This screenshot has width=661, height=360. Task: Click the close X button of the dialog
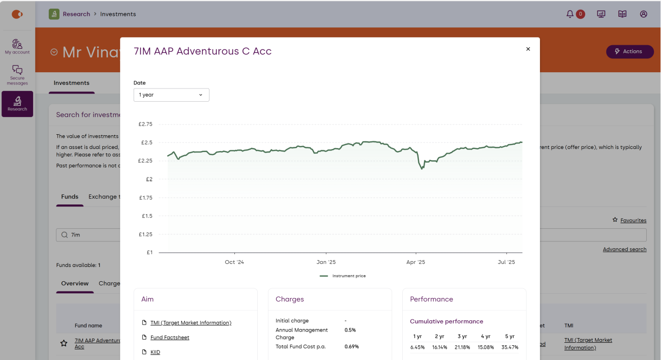pyautogui.click(x=528, y=49)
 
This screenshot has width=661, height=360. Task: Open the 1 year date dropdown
pyautogui.click(x=171, y=95)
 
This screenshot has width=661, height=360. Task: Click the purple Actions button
pyautogui.click(x=629, y=51)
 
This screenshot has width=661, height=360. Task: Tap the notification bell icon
pyautogui.click(x=570, y=14)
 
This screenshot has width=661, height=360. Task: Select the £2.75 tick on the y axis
pyautogui.click(x=145, y=124)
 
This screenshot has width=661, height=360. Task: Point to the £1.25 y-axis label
pyautogui.click(x=145, y=234)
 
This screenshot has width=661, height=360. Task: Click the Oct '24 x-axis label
pyautogui.click(x=234, y=262)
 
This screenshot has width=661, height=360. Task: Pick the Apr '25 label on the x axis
pyautogui.click(x=415, y=262)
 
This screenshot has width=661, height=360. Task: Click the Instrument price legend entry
pyautogui.click(x=343, y=276)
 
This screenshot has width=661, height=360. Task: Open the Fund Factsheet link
pyautogui.click(x=170, y=338)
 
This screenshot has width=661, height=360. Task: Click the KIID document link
pyautogui.click(x=155, y=352)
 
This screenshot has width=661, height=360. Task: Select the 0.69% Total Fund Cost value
pyautogui.click(x=351, y=347)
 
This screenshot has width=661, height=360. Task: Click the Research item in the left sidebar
pyautogui.click(x=17, y=104)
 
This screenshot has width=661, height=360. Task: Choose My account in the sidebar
pyautogui.click(x=17, y=46)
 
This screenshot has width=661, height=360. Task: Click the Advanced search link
pyautogui.click(x=624, y=250)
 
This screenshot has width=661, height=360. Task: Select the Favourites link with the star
pyautogui.click(x=633, y=221)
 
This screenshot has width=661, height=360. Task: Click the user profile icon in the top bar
pyautogui.click(x=644, y=14)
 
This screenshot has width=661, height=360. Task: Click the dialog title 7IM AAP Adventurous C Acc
pyautogui.click(x=202, y=51)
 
